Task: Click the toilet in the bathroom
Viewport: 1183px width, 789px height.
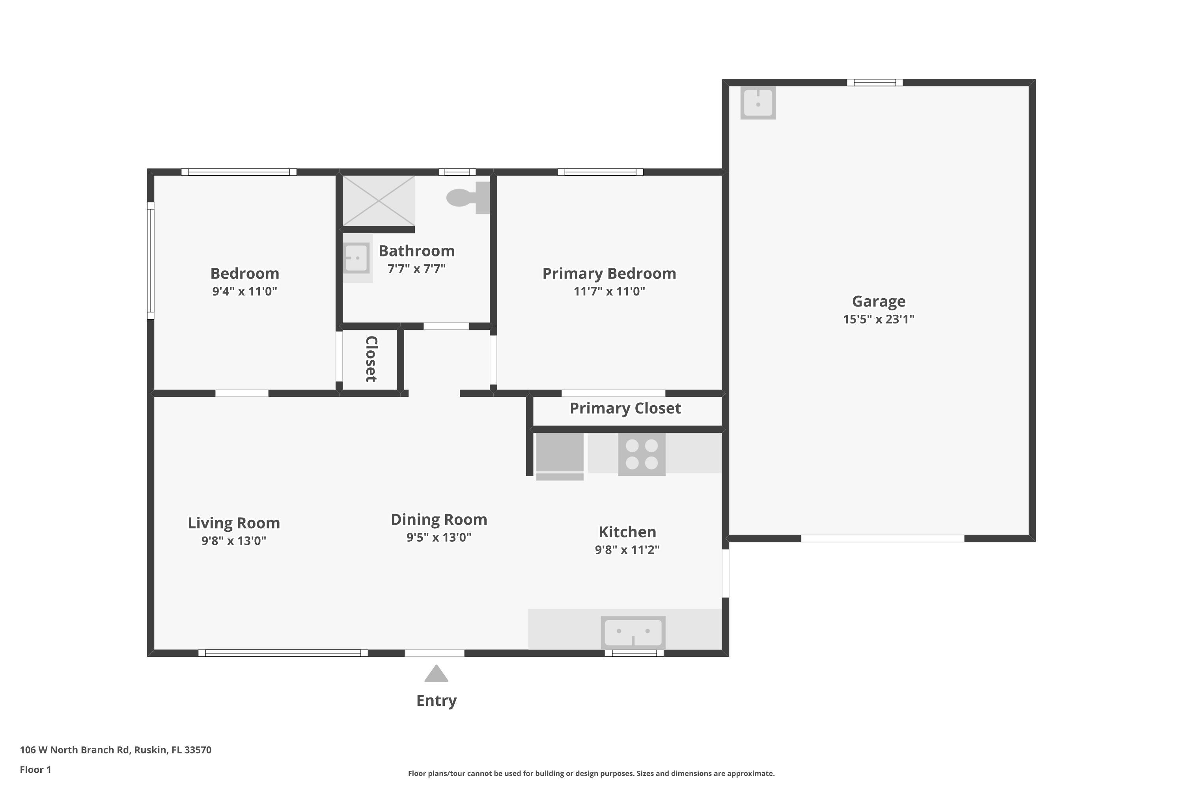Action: [x=468, y=198]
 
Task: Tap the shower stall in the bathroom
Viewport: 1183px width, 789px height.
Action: [x=378, y=201]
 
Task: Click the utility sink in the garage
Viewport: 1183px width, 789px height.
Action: [x=758, y=103]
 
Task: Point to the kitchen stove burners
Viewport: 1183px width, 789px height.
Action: [x=642, y=454]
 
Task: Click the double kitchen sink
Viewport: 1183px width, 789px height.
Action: [x=633, y=632]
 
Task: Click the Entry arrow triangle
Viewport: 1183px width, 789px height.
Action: [x=436, y=674]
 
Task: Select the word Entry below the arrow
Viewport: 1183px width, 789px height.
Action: [x=437, y=701]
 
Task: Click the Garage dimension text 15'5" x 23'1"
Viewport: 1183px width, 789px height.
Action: [x=879, y=319]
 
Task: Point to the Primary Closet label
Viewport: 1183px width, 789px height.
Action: [x=625, y=408]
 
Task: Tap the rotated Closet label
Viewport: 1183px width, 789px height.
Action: [x=371, y=359]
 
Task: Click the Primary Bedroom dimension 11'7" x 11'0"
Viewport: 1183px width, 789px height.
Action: [x=609, y=292]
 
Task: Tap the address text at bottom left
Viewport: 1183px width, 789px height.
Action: [x=116, y=750]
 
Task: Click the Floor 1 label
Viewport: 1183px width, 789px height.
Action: [x=35, y=769]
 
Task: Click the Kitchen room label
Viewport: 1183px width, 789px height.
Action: [x=627, y=532]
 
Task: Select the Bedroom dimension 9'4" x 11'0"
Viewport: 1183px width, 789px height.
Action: [x=244, y=292]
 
